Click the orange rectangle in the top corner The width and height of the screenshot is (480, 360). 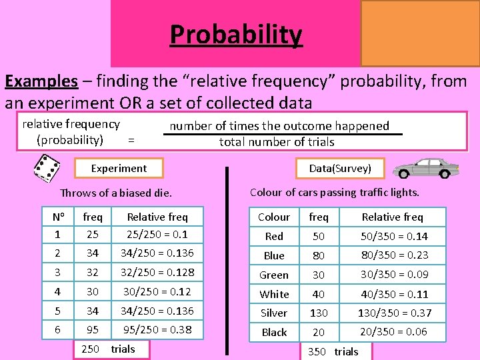pos(420,33)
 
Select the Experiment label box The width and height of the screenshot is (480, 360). pos(119,169)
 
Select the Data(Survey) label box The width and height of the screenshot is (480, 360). pos(340,169)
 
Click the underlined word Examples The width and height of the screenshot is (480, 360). pos(41,81)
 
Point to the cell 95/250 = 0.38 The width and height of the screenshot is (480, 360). pos(157,330)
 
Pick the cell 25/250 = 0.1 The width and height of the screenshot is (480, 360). pos(157,234)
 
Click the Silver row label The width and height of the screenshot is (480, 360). pos(274,313)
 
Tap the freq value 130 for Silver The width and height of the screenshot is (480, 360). pos(319,313)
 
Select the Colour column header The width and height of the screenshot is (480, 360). pos(274,217)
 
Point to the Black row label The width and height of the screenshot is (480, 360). pos(274,332)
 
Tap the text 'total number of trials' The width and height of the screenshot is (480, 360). pos(277,142)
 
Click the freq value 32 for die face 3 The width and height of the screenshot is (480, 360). pos(93,272)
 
